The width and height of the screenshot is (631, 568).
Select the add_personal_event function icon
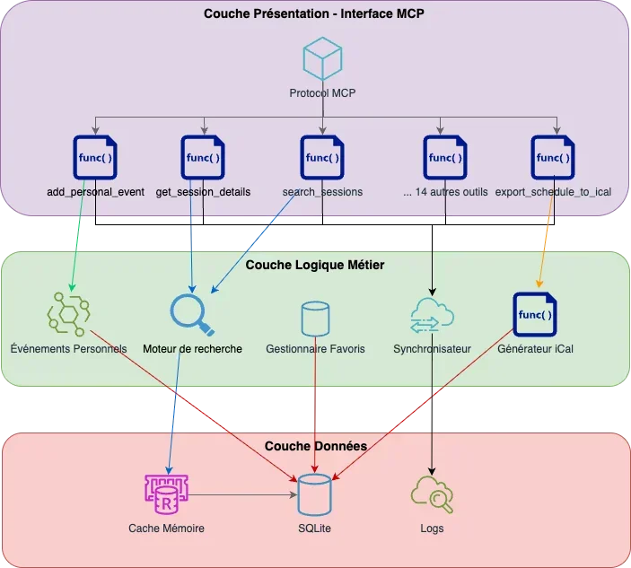click(x=95, y=157)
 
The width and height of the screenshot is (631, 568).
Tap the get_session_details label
click(x=203, y=192)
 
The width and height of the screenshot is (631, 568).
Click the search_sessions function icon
click(x=322, y=157)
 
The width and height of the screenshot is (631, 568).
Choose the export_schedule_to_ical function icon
click(x=552, y=157)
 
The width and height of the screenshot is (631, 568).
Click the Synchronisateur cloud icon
click(x=432, y=316)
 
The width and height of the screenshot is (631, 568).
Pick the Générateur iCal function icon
click(x=534, y=315)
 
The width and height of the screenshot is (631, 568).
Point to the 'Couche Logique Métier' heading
click(x=314, y=265)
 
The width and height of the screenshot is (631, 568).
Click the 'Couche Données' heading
click(x=314, y=446)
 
